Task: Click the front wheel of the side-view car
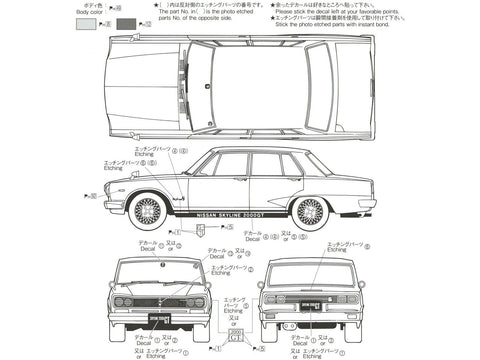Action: pos(147,209)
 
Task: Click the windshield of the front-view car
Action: pos(158,271)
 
